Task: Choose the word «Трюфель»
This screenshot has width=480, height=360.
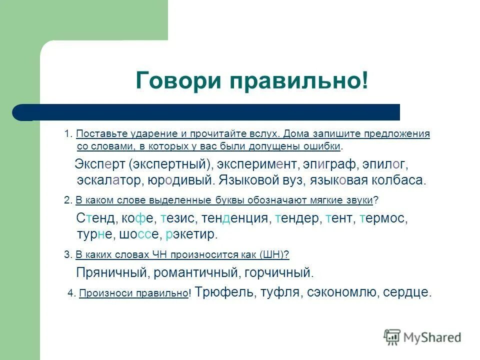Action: pyautogui.click(x=224, y=292)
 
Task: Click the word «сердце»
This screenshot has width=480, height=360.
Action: pyautogui.click(x=406, y=292)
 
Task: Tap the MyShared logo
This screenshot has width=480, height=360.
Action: pyautogui.click(x=422, y=337)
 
